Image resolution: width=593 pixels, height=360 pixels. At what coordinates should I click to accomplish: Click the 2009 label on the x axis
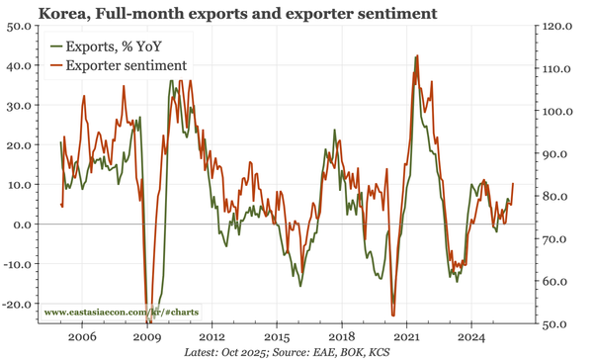click(x=147, y=336)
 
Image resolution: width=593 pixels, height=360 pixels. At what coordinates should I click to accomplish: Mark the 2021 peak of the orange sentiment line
click(x=416, y=56)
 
